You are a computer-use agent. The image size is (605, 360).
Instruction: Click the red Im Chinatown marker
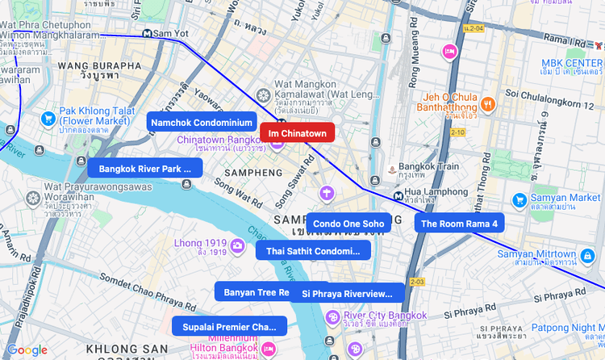297,132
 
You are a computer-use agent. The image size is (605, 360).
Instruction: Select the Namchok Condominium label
202,122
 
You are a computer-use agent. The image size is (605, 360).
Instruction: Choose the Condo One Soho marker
348,223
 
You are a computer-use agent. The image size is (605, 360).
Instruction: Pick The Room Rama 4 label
459,223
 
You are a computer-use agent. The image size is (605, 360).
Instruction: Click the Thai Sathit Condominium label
313,251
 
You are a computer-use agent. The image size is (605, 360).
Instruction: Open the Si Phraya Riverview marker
348,293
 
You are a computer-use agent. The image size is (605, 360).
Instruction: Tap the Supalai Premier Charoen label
229,326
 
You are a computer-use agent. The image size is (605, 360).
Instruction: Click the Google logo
27,350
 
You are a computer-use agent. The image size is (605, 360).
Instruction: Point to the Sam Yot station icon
147,33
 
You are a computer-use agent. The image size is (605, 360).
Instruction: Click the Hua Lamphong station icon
398,196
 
